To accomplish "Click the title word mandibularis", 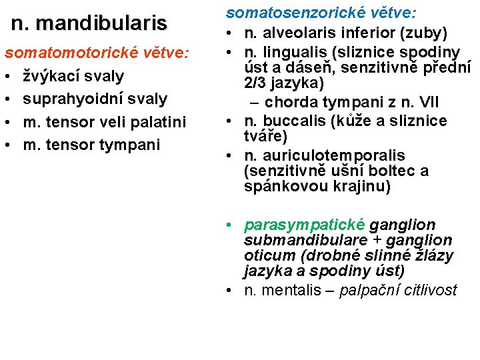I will point(101,23).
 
